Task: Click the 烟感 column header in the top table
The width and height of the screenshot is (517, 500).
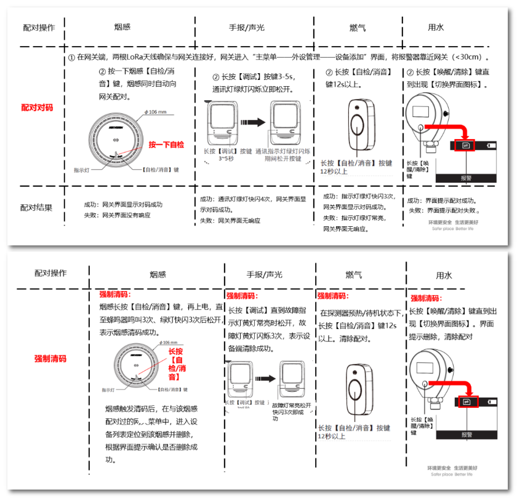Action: coord(122,27)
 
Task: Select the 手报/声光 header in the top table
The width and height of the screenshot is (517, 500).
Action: coord(247,28)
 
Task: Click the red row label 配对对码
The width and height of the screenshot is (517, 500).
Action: coord(37,107)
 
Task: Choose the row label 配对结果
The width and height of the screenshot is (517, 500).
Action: coord(36,207)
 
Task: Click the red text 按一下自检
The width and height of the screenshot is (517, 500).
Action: coord(166,145)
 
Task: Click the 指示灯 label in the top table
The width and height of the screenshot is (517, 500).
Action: coord(82,169)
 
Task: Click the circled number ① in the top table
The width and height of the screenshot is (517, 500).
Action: coord(71,57)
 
